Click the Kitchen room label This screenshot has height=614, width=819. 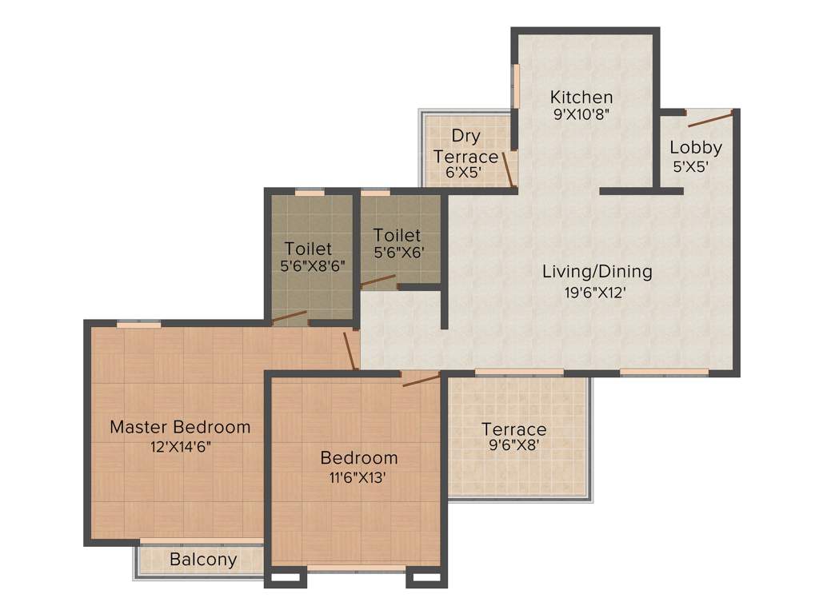pyautogui.click(x=581, y=98)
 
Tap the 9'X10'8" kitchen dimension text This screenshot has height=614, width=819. pyautogui.click(x=581, y=114)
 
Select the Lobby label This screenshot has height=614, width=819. pyautogui.click(x=696, y=147)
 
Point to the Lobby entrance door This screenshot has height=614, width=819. pyautogui.click(x=710, y=120)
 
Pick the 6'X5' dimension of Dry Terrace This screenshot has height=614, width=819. pyautogui.click(x=465, y=172)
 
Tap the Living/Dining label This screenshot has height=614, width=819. pyautogui.click(x=597, y=271)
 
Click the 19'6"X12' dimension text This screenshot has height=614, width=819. pyautogui.click(x=597, y=292)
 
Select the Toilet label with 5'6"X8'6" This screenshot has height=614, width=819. pyautogui.click(x=308, y=249)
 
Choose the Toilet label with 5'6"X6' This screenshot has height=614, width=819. pyautogui.click(x=397, y=235)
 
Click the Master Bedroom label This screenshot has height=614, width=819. pyautogui.click(x=180, y=427)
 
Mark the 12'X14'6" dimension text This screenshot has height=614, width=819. pyautogui.click(x=180, y=447)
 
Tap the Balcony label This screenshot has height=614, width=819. pyautogui.click(x=203, y=560)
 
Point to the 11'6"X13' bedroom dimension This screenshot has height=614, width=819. pyautogui.click(x=358, y=478)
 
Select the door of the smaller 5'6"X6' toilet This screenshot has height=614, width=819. pyautogui.click(x=378, y=281)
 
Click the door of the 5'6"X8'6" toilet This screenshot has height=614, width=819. pyautogui.click(x=289, y=317)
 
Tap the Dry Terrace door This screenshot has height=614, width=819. pyautogui.click(x=507, y=169)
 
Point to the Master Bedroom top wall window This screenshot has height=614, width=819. pyautogui.click(x=138, y=324)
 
